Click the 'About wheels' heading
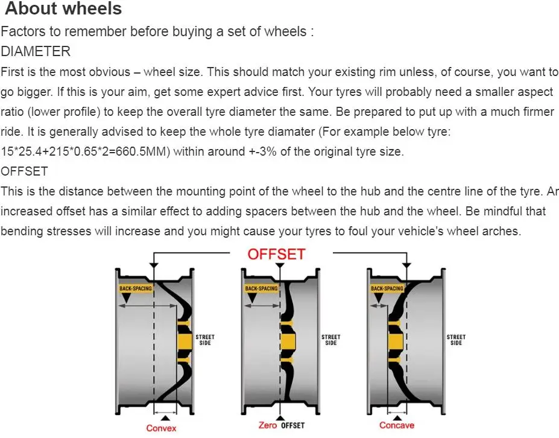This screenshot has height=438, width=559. pos(63,9)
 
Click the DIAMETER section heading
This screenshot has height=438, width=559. pos(36,51)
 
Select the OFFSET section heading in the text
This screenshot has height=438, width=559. pos(24,171)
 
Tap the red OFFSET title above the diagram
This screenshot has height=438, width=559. pos(277,254)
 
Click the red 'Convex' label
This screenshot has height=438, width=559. pos(162,428)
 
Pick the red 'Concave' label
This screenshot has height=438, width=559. pos(397,425)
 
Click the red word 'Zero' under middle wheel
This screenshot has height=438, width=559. pos(267,426)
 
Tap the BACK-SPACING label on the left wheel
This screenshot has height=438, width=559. pos(136,288)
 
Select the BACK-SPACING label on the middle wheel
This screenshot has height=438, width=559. pos(261,288)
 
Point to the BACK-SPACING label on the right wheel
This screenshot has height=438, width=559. pos(387,288)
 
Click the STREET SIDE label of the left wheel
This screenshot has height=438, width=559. pos(205,340)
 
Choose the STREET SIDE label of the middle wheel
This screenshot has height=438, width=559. pos(330,340)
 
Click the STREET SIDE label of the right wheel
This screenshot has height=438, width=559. pos(456,340)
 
